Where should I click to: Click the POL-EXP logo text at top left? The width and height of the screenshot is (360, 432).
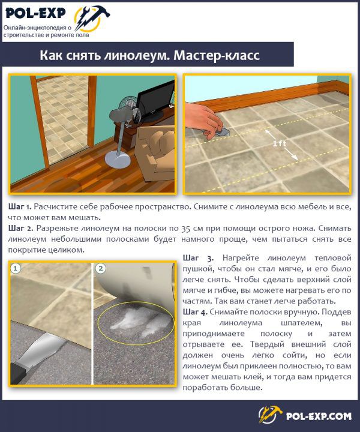click(35, 13)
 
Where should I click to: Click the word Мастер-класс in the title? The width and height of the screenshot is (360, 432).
click(217, 55)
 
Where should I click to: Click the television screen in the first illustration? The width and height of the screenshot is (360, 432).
click(156, 101)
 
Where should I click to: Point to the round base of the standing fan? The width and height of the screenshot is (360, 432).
click(118, 160)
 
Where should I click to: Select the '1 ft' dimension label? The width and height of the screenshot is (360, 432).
click(279, 143)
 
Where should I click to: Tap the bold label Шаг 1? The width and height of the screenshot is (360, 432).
click(20, 206)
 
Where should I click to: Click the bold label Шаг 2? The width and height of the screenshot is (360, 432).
click(20, 229)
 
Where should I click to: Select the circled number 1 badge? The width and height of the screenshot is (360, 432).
click(16, 268)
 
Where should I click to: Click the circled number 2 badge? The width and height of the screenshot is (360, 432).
click(101, 268)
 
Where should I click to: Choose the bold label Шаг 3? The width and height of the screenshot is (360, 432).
click(198, 258)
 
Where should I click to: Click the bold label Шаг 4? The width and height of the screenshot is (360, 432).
click(195, 312)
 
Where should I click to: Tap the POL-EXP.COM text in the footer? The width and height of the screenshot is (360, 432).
click(319, 416)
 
